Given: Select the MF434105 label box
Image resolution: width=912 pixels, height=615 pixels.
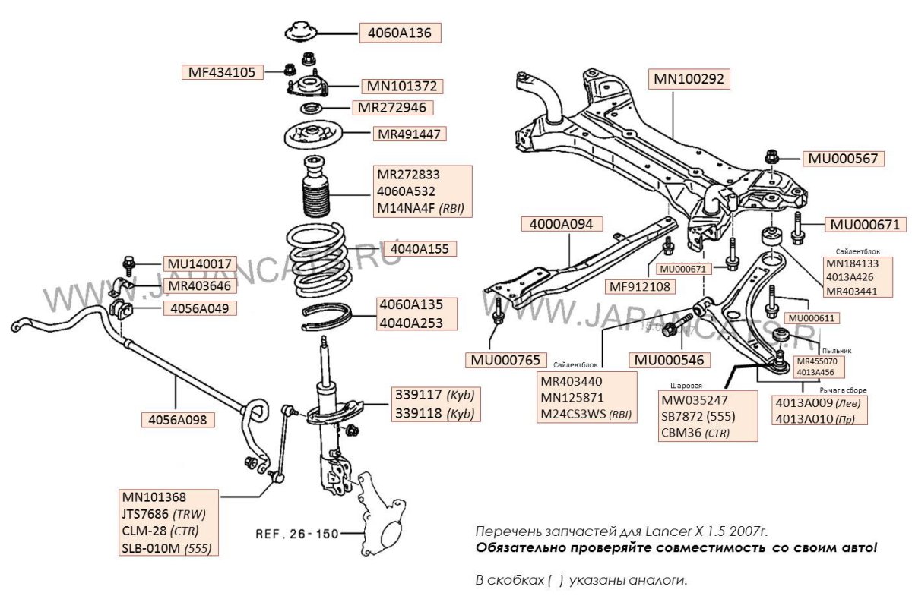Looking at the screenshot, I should pyautogui.click(x=223, y=72).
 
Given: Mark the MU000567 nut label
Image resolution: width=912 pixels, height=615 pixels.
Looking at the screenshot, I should pyautogui.click(x=841, y=159).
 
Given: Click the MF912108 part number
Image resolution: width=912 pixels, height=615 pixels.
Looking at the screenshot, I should pyautogui.click(x=638, y=286).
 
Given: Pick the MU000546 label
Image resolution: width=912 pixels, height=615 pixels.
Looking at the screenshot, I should pyautogui.click(x=669, y=359).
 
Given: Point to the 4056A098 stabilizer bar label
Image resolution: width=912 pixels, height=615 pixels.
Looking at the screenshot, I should pyautogui.click(x=177, y=418).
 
